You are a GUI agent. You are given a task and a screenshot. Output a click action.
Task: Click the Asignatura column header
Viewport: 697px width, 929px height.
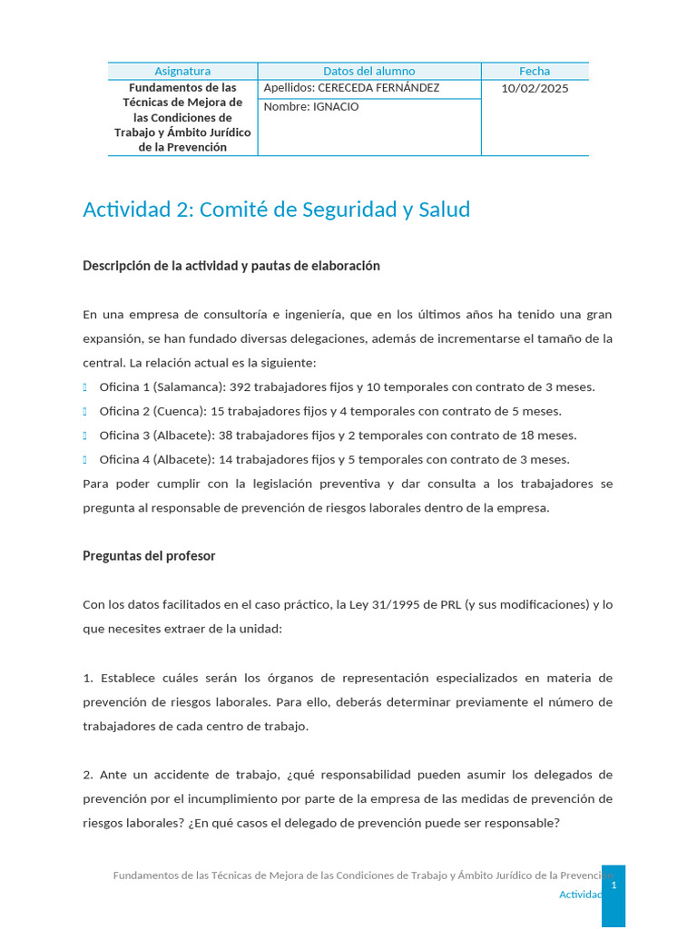182,71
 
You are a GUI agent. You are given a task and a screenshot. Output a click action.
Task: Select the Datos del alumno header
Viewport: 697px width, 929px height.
368,71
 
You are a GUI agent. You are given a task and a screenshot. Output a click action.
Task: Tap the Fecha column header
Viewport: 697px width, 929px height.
535,71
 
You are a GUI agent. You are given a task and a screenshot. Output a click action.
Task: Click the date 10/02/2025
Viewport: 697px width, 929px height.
535,88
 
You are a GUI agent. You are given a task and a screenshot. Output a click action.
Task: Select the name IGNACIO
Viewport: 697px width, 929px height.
336,107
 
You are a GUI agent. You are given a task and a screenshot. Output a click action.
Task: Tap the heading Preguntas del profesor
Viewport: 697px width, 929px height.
149,555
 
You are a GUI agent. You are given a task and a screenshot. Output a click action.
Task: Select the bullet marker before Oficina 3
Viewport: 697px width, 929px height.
85,435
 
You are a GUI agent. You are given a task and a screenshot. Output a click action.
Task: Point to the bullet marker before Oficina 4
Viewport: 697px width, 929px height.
85,459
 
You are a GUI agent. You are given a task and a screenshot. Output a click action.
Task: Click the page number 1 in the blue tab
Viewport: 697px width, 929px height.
614,885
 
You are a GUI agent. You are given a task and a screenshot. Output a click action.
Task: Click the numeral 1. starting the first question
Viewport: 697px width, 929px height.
88,678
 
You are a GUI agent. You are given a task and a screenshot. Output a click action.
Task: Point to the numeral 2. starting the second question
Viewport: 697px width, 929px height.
88,775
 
